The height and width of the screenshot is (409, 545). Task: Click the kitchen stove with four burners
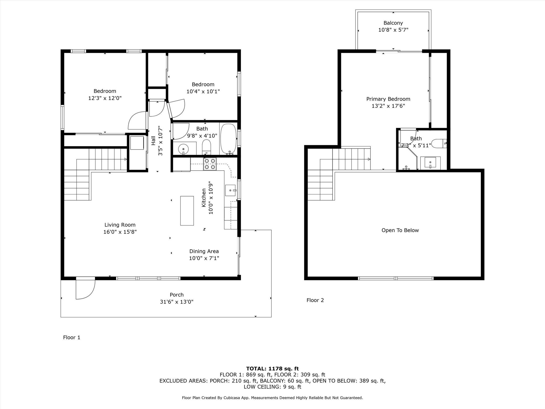(x=210, y=164)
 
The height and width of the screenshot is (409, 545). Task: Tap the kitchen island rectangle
(x=187, y=211)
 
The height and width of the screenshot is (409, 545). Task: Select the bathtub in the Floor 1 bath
(x=229, y=139)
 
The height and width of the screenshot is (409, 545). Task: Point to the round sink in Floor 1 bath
(x=183, y=149)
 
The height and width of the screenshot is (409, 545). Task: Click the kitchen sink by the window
(x=230, y=190)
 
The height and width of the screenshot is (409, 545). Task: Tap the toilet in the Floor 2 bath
(x=439, y=144)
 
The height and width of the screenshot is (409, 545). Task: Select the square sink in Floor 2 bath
(x=430, y=162)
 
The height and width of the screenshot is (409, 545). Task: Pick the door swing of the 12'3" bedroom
(x=138, y=121)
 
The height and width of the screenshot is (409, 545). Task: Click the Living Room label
(x=120, y=225)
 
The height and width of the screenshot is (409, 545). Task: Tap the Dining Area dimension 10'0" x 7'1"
(x=204, y=258)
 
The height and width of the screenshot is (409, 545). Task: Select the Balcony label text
(x=393, y=23)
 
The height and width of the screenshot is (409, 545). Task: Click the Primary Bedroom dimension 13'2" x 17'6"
(x=388, y=106)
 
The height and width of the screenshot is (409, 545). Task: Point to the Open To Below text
(x=400, y=230)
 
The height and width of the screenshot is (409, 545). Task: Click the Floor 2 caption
(x=315, y=300)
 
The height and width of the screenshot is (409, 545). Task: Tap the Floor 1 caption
(x=72, y=338)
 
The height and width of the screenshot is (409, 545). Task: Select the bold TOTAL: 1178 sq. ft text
(x=272, y=369)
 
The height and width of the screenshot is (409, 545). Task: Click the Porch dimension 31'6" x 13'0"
(x=177, y=302)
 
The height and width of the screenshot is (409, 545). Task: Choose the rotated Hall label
(x=153, y=141)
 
